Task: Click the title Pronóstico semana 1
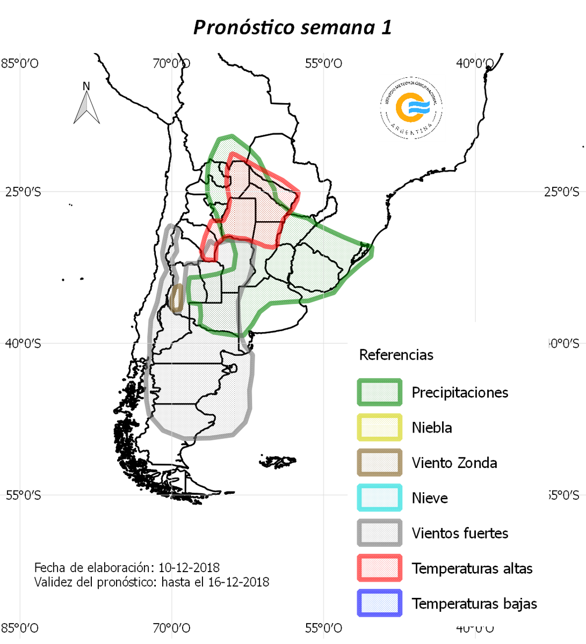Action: pos(292,27)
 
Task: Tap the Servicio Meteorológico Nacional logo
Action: pos(411,107)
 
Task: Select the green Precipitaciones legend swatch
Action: pos(379,392)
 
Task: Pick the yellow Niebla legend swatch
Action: pos(379,428)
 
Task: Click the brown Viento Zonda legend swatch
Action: pos(379,463)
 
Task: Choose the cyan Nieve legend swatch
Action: pos(379,498)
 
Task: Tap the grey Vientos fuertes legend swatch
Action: pos(379,533)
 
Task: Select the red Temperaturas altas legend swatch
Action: pos(379,568)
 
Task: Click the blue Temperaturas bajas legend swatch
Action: pos(379,603)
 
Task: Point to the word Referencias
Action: pos(396,355)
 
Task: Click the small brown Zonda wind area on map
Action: pos(176,298)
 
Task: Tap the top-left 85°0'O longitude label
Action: pos(19,64)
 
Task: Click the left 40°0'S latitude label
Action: pos(23,343)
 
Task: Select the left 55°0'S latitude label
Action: pos(23,495)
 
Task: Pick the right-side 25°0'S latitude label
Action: pos(561,192)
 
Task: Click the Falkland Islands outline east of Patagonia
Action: pos(278,462)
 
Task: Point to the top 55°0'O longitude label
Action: pos(323,64)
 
